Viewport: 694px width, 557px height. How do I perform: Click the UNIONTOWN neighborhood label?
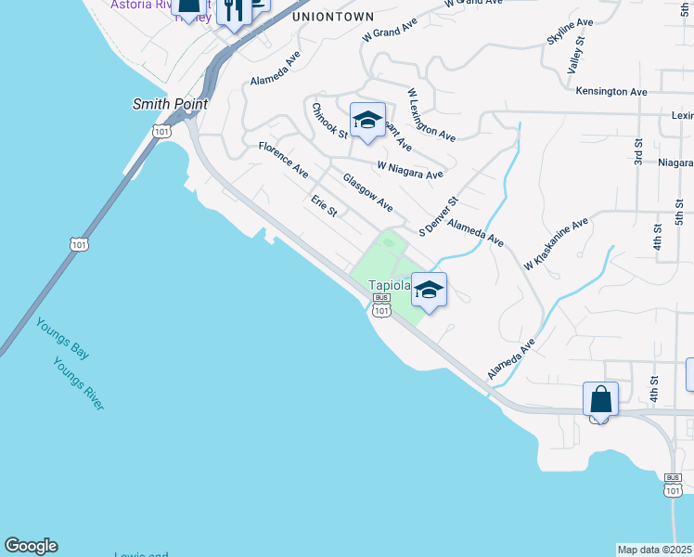[333, 17]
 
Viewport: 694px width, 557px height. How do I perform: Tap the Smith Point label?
[171, 105]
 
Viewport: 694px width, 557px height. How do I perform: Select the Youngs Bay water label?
[63, 339]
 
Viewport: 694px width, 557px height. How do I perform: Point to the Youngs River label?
[79, 383]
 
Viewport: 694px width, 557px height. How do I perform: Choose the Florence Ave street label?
[283, 159]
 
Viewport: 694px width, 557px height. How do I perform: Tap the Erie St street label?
[324, 206]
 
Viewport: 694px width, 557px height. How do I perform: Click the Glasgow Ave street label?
[367, 192]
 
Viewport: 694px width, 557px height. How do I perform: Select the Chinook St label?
[329, 120]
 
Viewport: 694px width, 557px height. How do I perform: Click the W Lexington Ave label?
[431, 114]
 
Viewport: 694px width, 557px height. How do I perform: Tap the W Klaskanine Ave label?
[556, 244]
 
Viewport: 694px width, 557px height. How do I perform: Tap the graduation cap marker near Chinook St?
[367, 120]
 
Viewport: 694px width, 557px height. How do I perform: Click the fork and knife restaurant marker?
[234, 11]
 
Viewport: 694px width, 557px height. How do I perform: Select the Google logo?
[31, 546]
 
